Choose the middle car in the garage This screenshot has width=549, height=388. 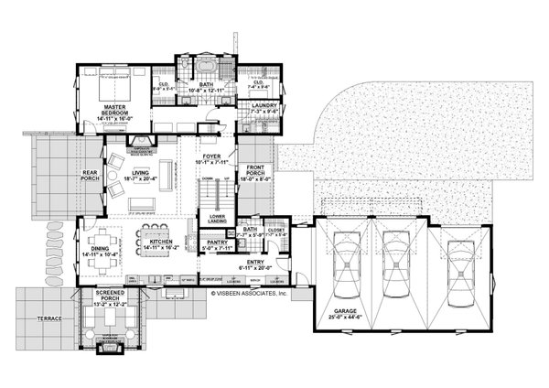pos(395,264)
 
